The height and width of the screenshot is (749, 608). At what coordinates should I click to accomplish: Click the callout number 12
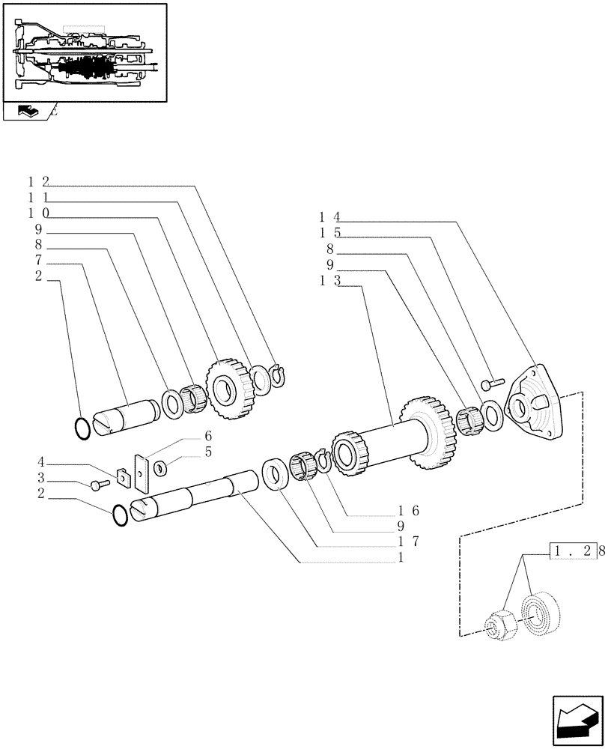38,182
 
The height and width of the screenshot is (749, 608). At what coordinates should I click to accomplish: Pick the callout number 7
39,260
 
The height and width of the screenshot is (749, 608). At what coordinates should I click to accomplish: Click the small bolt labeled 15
490,383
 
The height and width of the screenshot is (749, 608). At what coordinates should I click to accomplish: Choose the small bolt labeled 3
97,485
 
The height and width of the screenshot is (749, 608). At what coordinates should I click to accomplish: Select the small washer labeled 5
161,468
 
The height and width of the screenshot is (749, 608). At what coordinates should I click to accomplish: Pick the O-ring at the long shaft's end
118,515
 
